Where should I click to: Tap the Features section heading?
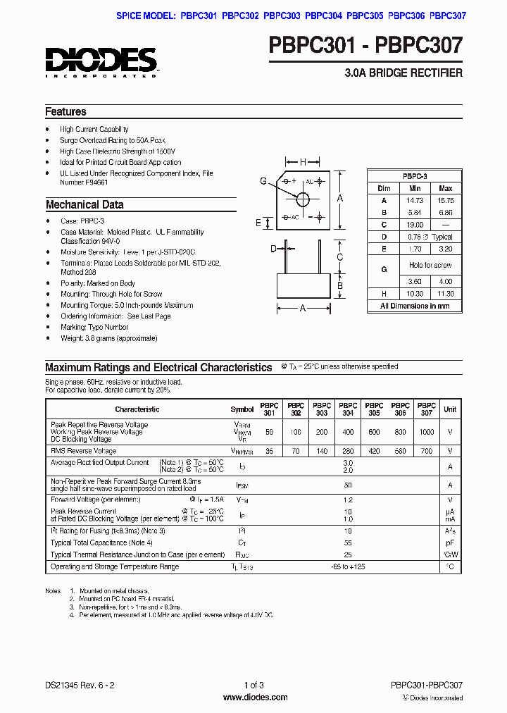[x=65, y=112]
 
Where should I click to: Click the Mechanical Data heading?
[x=84, y=205]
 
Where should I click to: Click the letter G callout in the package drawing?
[x=263, y=181]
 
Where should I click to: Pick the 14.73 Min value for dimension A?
[x=414, y=201]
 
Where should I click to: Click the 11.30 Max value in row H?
[x=446, y=294]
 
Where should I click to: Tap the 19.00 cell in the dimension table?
[x=414, y=225]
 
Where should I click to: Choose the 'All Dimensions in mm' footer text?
[x=415, y=306]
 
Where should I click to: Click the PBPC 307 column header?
[x=426, y=409]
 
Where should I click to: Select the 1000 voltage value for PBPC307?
[x=426, y=432]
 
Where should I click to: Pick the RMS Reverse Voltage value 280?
[x=347, y=451]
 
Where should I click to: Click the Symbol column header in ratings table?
[x=242, y=409]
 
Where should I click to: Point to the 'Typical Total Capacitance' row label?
[x=89, y=543]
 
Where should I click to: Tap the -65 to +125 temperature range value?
[x=347, y=567]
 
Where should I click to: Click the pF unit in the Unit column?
[x=450, y=543]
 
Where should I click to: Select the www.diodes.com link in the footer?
[x=255, y=697]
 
